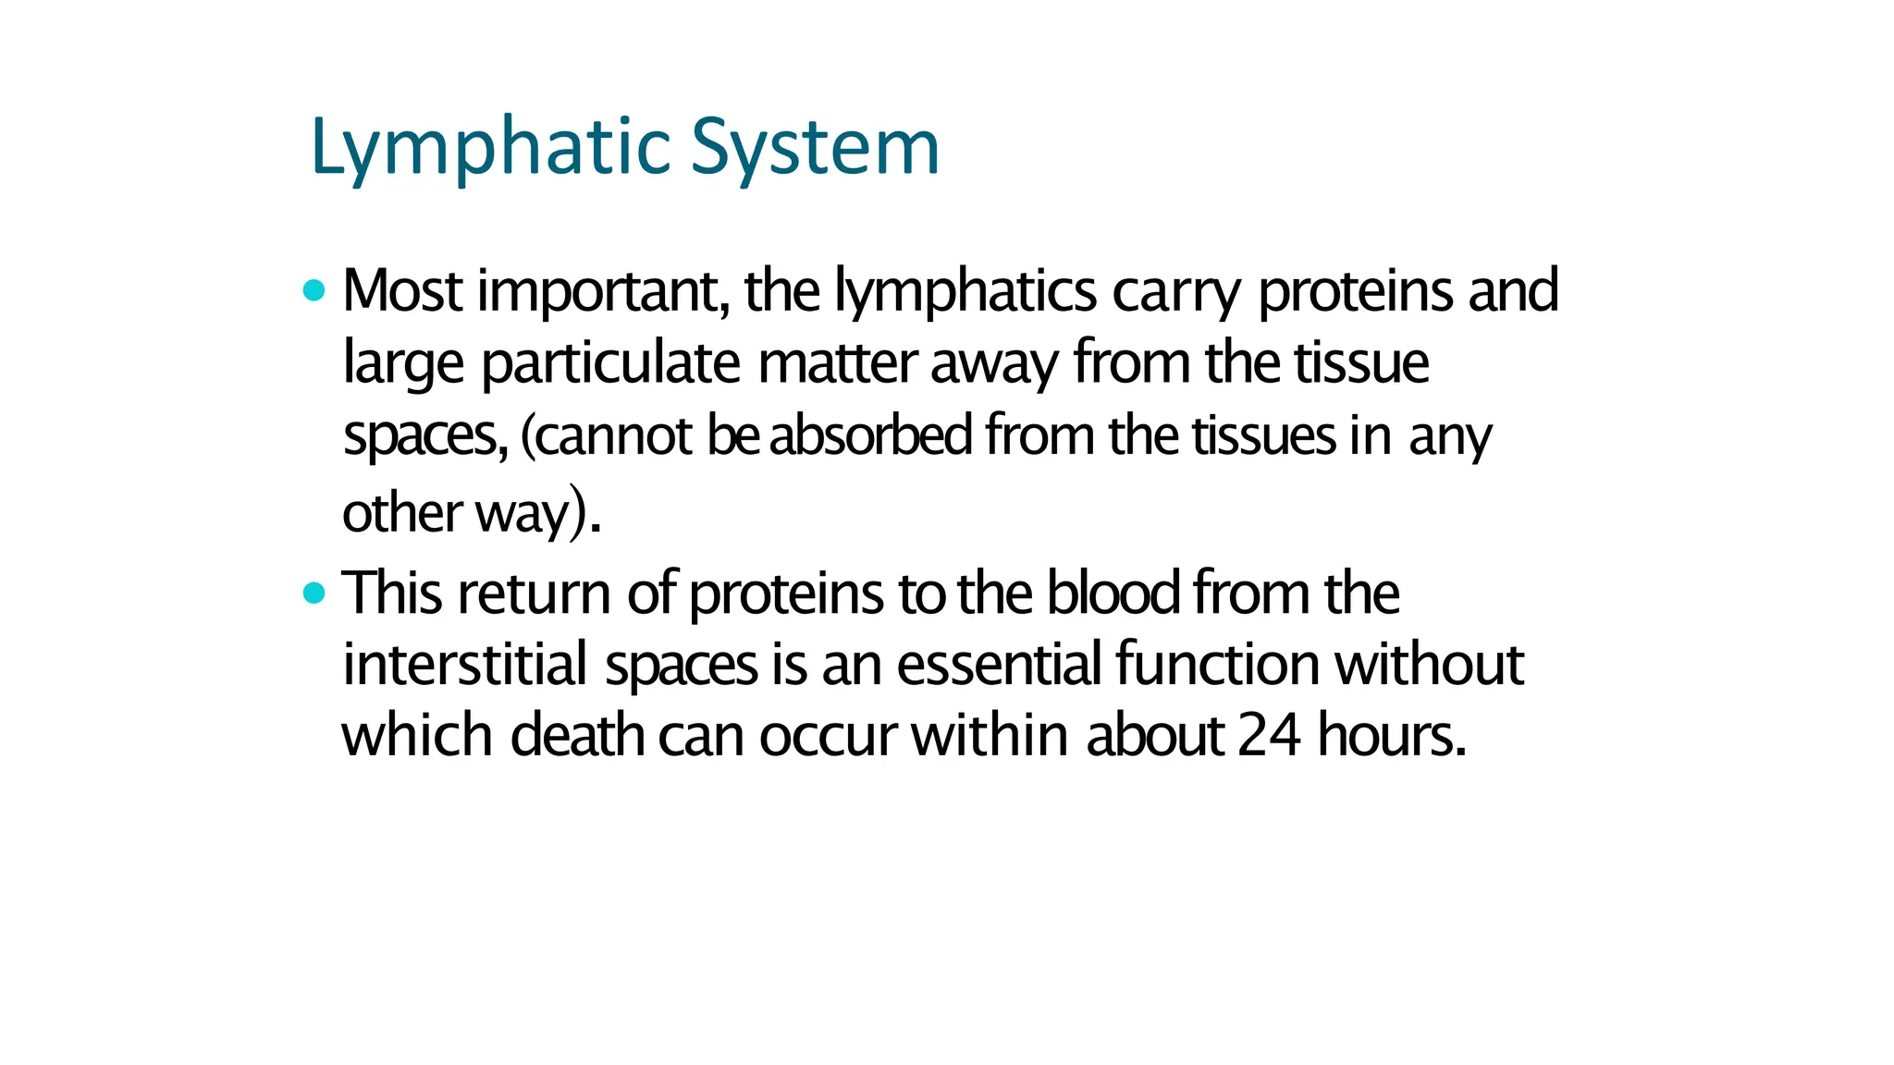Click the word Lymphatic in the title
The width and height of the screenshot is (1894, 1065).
pos(491,148)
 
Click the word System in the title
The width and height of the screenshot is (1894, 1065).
pos(815,148)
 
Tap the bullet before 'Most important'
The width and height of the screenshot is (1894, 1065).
pos(314,291)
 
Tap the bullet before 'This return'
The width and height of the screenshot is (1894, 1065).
pos(314,593)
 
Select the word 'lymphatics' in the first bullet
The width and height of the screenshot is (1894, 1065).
pos(965,291)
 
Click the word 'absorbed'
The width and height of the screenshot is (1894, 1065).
pos(870,435)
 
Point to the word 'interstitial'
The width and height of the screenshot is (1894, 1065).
pos(465,665)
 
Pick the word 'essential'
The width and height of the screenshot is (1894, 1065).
pos(998,665)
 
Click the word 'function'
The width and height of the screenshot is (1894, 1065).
pos(1217,665)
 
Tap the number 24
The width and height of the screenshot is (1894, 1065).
pos(1269,737)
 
